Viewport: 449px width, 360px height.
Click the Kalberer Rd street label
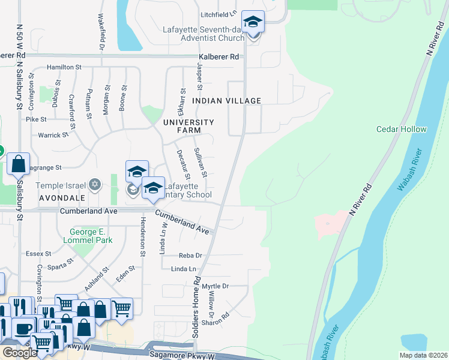click(x=220, y=57)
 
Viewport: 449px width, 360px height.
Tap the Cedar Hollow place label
click(x=402, y=129)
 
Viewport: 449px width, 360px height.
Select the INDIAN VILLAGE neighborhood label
click(x=227, y=101)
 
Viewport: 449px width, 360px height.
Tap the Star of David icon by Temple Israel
click(x=95, y=184)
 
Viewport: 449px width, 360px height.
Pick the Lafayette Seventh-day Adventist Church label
click(x=203, y=34)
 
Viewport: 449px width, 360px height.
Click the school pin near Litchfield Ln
click(x=253, y=24)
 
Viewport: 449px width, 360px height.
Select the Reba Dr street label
click(x=190, y=256)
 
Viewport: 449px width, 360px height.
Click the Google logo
click(x=19, y=352)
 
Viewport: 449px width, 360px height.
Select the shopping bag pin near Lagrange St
click(x=19, y=164)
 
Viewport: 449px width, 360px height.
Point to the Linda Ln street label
click(x=184, y=269)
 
